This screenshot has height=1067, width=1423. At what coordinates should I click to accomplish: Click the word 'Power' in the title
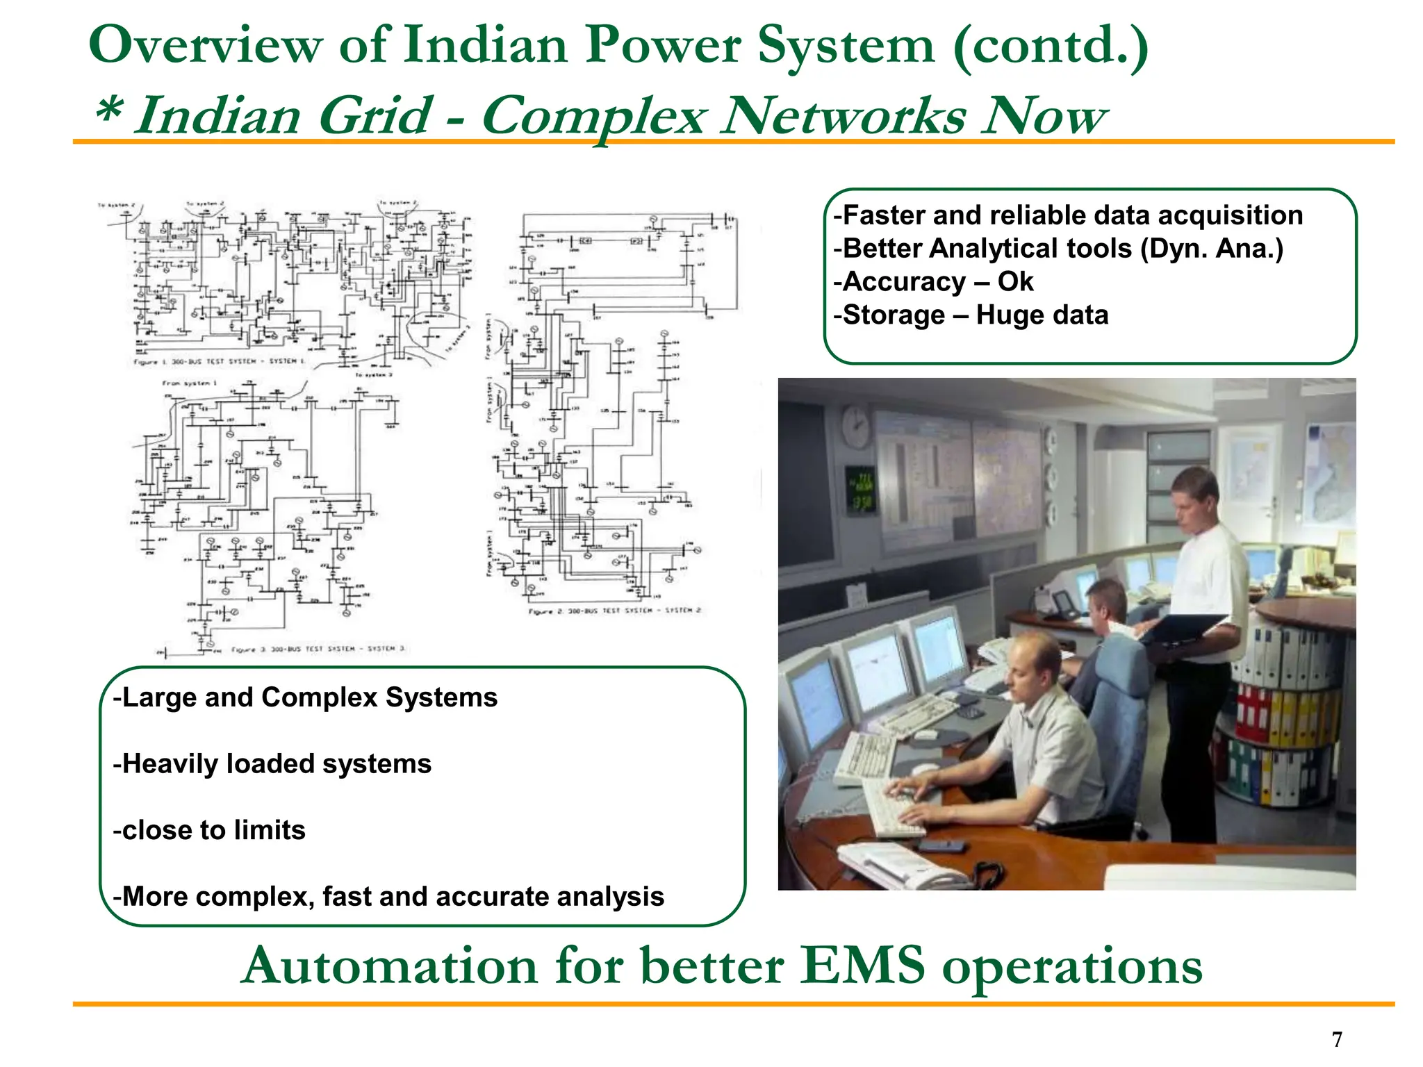662,46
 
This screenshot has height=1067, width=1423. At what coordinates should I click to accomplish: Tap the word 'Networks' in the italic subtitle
842,116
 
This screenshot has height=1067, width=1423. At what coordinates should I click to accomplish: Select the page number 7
1337,1039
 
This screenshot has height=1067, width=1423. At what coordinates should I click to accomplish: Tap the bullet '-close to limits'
209,830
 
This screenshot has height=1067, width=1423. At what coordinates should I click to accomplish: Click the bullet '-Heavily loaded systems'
272,764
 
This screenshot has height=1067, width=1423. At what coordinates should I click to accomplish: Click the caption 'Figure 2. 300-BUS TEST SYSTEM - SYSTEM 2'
614,611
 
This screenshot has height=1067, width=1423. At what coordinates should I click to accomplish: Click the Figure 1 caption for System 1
220,362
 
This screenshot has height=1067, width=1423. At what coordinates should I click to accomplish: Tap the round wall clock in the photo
856,426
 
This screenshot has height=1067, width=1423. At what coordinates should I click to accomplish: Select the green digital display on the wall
860,490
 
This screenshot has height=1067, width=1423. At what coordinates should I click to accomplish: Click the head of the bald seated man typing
1030,663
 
